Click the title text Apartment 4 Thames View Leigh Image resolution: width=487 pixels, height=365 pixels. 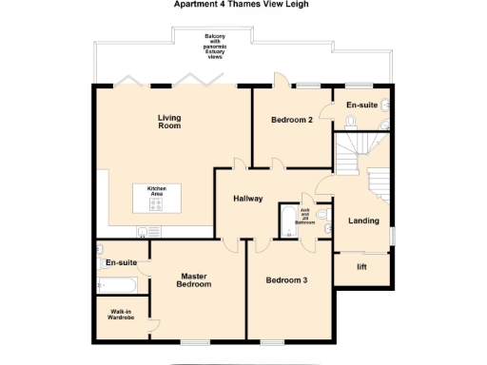tap(242, 4)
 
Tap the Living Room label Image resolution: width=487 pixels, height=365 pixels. tap(169, 122)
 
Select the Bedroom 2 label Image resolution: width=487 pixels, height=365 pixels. tap(292, 120)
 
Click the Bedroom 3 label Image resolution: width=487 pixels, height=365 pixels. tap(286, 280)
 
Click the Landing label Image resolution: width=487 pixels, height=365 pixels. tap(362, 221)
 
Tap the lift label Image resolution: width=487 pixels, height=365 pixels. tap(361, 266)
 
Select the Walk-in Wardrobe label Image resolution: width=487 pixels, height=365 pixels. tap(121, 315)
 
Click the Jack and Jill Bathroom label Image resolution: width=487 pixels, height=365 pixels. tap(305, 215)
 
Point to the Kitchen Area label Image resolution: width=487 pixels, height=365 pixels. tap(157, 192)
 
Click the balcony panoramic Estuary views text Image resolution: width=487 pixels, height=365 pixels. tap(214, 47)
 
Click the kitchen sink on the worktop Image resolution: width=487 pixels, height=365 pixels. tap(143, 232)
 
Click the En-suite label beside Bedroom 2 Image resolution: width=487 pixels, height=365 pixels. tap(360, 105)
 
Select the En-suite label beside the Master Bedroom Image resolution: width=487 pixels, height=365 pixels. tap(121, 261)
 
